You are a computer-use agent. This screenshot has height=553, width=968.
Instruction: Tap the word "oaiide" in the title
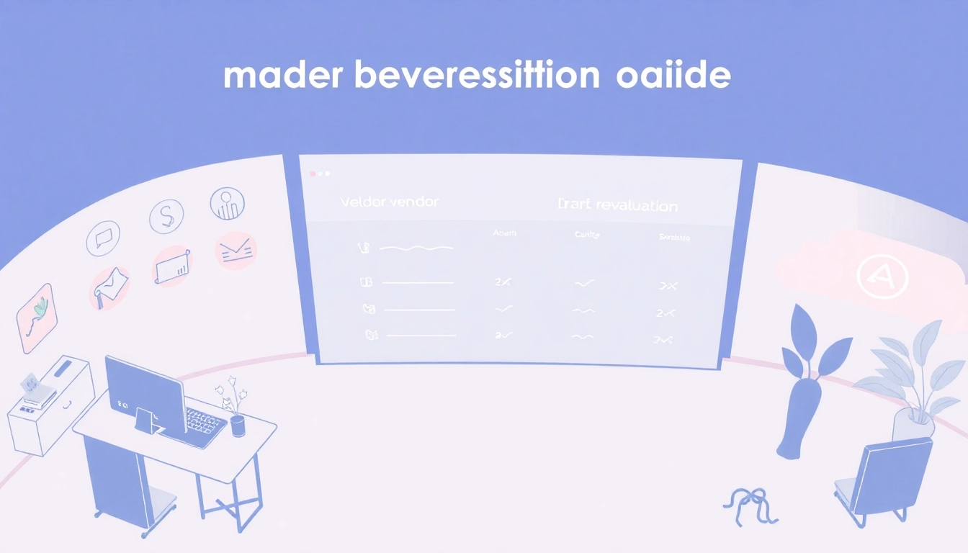coord(673,76)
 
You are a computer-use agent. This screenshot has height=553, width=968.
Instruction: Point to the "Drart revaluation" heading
coord(617,206)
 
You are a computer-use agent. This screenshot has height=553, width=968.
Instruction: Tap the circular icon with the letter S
coord(166,216)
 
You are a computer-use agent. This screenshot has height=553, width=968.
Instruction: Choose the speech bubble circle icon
coord(103,239)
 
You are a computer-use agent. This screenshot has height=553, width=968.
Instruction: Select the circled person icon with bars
coord(228,204)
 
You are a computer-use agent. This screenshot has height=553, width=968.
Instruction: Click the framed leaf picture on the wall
coord(37,318)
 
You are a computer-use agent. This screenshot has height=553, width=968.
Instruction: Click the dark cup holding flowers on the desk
coord(238,425)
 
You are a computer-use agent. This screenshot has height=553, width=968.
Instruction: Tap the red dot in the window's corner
coord(313,174)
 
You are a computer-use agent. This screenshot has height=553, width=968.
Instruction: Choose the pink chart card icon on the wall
coord(173,266)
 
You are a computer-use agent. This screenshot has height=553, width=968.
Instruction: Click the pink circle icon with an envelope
coord(236,251)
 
